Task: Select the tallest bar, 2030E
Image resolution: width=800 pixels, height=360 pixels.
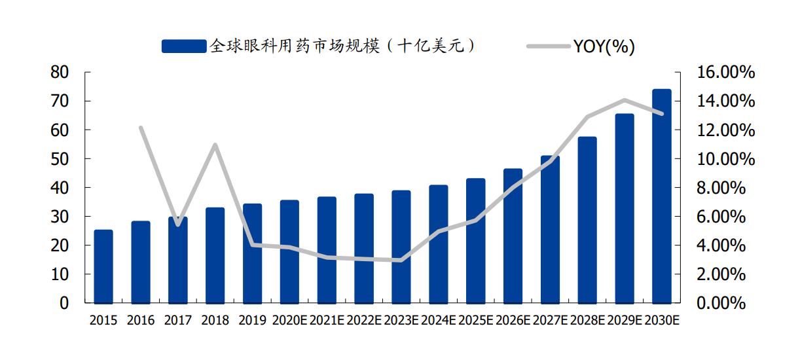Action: pyautogui.click(x=662, y=196)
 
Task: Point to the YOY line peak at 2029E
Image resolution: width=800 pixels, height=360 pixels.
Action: pyautogui.click(x=625, y=100)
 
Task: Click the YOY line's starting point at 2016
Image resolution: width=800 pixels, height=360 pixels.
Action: pyautogui.click(x=141, y=128)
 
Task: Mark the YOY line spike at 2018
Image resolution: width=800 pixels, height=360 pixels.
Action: pyautogui.click(x=215, y=145)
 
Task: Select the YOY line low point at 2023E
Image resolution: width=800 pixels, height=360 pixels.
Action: pyautogui.click(x=400, y=261)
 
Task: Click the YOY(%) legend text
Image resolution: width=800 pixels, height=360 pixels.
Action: pyautogui.click(x=604, y=46)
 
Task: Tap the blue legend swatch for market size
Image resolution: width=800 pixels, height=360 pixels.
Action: pyautogui.click(x=183, y=46)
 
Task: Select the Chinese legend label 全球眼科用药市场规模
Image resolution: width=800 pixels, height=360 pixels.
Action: pyautogui.click(x=341, y=46)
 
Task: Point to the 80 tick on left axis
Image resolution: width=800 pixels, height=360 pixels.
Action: pyautogui.click(x=60, y=73)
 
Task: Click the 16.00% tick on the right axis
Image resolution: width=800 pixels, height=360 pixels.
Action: pyautogui.click(x=719, y=73)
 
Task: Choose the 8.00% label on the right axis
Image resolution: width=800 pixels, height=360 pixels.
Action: pyautogui.click(x=719, y=188)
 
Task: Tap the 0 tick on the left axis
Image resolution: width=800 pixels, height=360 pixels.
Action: pyautogui.click(x=64, y=303)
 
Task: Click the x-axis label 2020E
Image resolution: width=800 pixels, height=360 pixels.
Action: pyautogui.click(x=289, y=321)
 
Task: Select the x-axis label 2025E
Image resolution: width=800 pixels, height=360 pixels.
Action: pyautogui.click(x=475, y=321)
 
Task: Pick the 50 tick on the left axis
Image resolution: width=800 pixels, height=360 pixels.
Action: pyautogui.click(x=60, y=159)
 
